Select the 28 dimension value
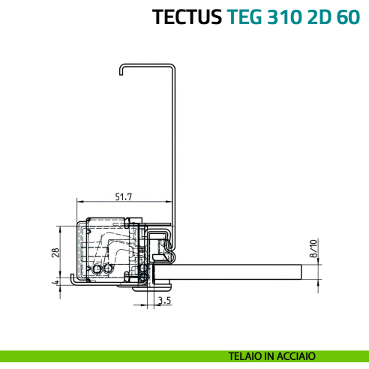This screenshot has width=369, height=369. [55, 252]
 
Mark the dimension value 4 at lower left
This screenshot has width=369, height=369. [55, 283]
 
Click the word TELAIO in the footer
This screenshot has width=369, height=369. [247, 356]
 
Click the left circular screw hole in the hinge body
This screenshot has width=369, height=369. [97, 269]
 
